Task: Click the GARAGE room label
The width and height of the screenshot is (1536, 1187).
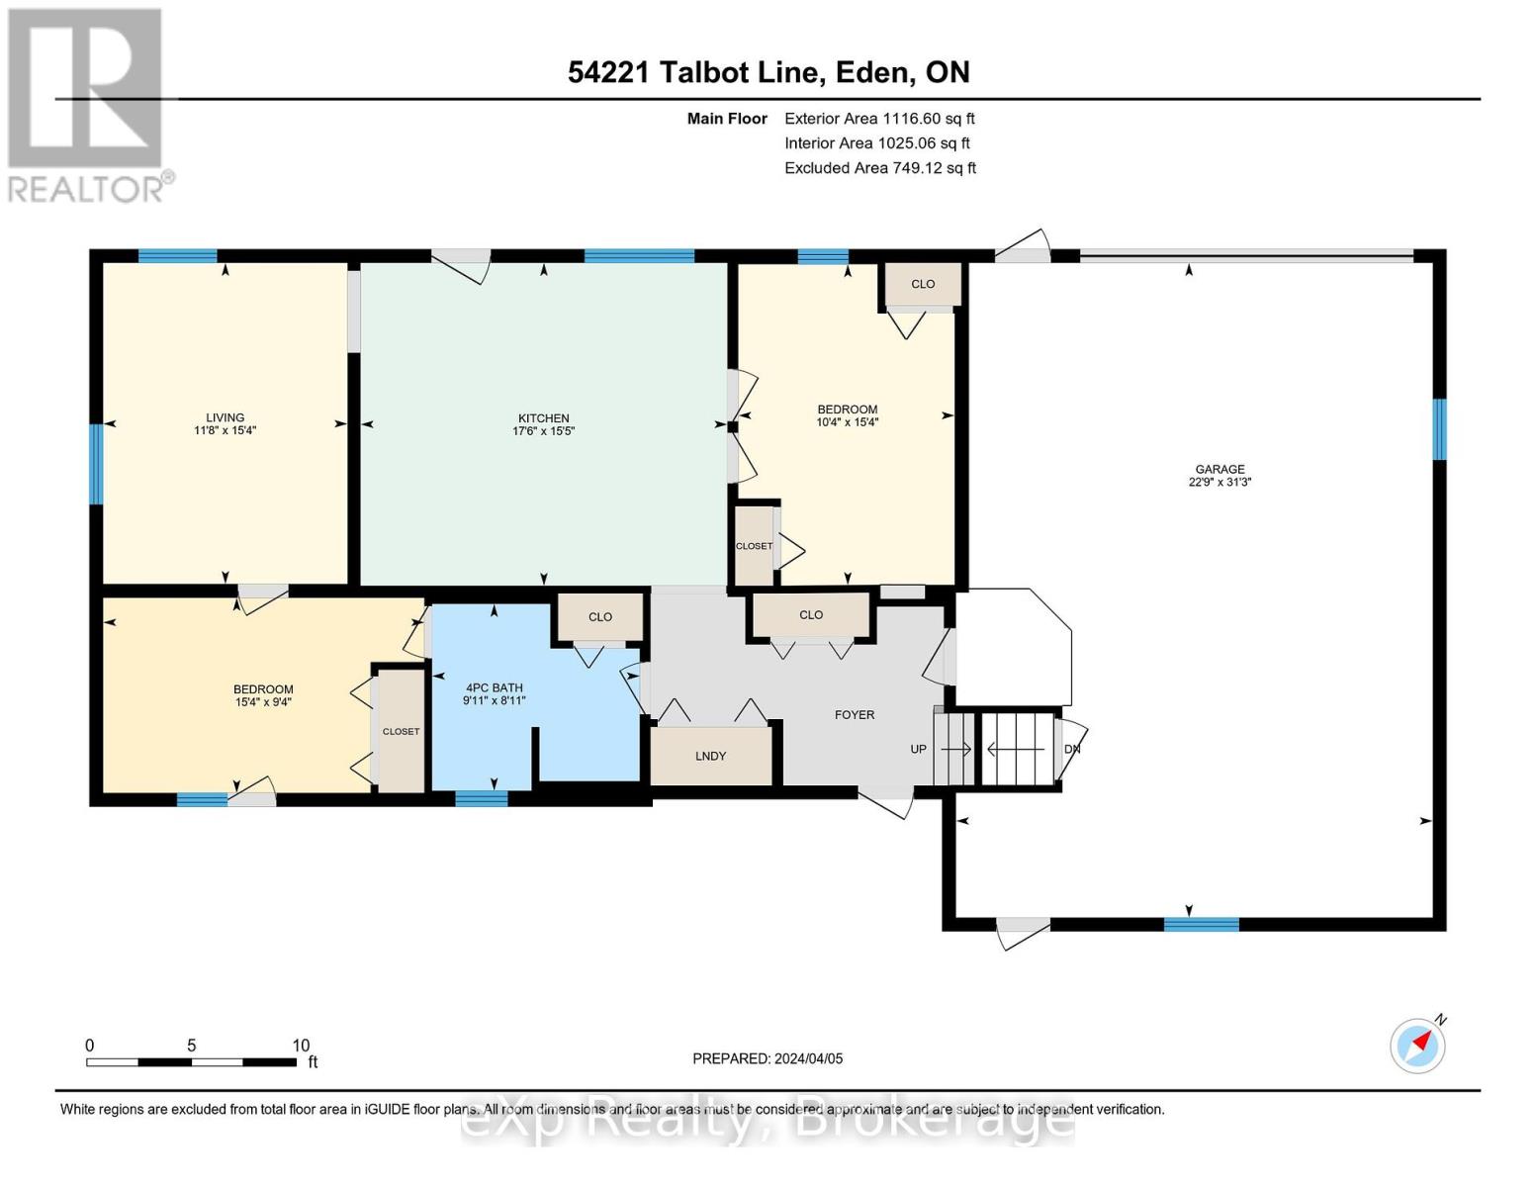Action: point(1220,470)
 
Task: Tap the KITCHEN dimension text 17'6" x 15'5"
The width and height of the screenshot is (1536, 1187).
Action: point(543,431)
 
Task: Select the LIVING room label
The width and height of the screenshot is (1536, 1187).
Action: point(225,417)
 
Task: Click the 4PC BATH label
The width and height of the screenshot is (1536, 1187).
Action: point(494,688)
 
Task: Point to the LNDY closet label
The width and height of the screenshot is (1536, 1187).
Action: point(710,756)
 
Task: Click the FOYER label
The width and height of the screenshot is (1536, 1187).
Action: point(855,715)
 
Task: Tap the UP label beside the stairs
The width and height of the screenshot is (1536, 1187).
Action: point(918,749)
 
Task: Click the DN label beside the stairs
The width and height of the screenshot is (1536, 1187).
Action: point(1072,749)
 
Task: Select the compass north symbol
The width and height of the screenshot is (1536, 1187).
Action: point(1418,1045)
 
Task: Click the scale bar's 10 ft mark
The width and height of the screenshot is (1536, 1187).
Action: point(301,1046)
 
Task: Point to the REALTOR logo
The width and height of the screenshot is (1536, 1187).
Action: point(87,104)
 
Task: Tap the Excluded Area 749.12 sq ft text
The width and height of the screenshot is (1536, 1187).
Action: point(880,168)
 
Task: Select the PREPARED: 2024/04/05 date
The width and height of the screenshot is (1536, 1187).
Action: point(768,1058)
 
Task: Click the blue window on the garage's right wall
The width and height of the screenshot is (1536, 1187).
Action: point(1439,429)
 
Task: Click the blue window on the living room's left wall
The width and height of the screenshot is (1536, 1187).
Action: point(96,464)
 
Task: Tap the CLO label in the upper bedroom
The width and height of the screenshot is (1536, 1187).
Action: point(923,284)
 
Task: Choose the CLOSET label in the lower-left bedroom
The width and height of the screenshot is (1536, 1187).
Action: point(401,732)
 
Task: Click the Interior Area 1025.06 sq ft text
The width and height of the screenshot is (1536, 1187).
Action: point(877,143)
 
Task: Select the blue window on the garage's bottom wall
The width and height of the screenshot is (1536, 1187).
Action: point(1201,925)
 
